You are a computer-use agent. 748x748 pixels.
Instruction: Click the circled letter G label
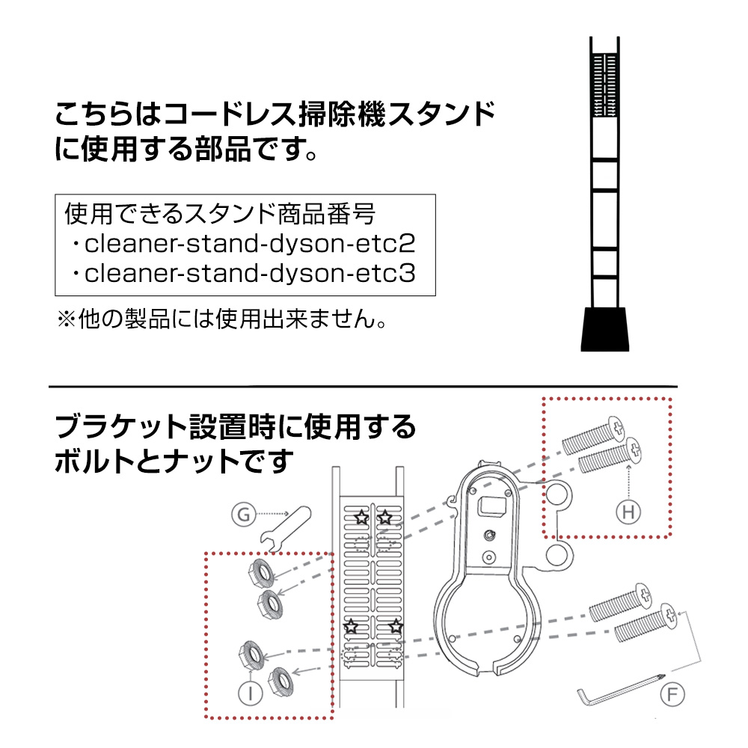(x=243, y=515)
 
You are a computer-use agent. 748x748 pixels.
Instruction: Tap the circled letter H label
(x=628, y=512)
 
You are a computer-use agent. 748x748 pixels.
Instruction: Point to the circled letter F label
(x=672, y=694)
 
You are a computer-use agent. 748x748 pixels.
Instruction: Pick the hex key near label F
(x=620, y=688)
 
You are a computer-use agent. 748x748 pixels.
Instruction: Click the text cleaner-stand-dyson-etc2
(x=250, y=243)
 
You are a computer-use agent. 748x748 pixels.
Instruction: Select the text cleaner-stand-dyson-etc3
(x=250, y=273)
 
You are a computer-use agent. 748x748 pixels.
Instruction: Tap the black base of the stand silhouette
(x=605, y=329)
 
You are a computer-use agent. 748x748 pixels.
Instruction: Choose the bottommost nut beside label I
(x=280, y=681)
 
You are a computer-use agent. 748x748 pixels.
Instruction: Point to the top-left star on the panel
(x=361, y=517)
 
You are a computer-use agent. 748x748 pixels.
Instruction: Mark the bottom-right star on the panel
(x=396, y=626)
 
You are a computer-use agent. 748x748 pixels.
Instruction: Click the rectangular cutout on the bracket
(x=491, y=506)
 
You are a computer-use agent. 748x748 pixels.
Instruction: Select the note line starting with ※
(x=222, y=318)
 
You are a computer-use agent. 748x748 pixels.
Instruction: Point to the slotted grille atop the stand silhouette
(x=605, y=85)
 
